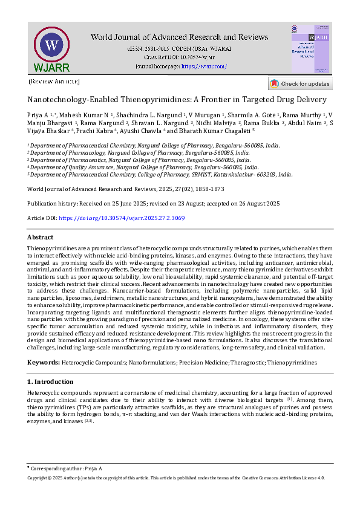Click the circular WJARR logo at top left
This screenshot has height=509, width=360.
coord(51,47)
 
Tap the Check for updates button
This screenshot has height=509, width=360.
coord(300,83)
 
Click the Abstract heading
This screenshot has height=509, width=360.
coord(41,238)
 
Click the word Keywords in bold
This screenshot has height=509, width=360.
coord(43,362)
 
